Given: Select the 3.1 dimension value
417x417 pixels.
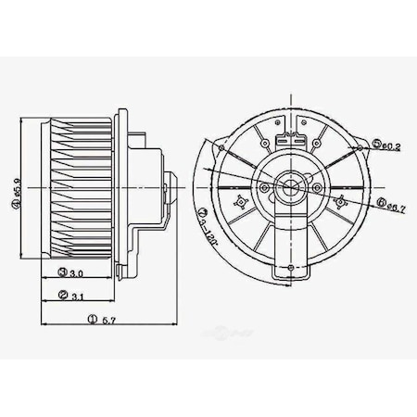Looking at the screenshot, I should (x=80, y=296).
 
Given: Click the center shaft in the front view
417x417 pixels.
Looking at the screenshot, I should (x=290, y=190).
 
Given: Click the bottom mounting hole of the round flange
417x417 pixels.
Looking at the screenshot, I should (x=291, y=268).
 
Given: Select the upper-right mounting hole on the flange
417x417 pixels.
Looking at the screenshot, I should (x=356, y=145).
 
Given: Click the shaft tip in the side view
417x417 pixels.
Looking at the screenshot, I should (x=174, y=189).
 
